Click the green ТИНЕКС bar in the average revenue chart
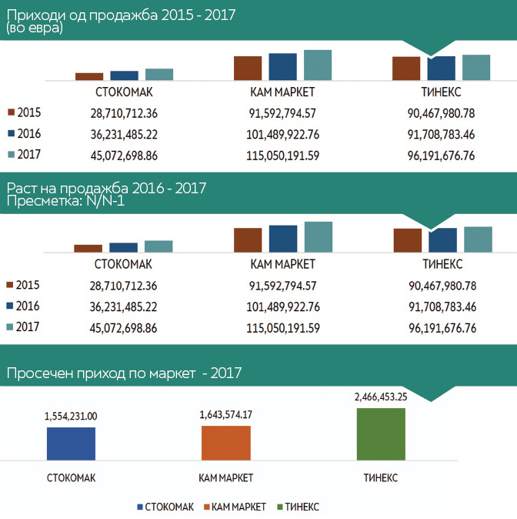(x=381, y=434)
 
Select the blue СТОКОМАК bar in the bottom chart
(x=71, y=444)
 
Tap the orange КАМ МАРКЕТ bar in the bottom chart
(x=226, y=443)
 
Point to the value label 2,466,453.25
(x=380, y=397)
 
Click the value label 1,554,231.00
(x=71, y=416)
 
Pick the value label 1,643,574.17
(x=226, y=414)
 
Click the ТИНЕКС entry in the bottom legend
(x=299, y=507)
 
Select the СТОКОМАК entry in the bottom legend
(x=165, y=507)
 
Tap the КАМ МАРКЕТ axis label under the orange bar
(x=226, y=477)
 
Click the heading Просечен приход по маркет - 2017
(x=125, y=374)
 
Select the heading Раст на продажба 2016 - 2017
(x=106, y=188)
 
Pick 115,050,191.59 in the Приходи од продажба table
(x=284, y=156)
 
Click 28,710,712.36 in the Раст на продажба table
(x=123, y=285)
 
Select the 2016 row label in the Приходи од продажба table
(x=28, y=133)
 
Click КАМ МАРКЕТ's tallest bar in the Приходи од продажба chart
(x=317, y=65)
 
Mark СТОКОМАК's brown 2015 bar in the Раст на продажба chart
(x=88, y=248)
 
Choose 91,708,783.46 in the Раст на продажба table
(x=441, y=306)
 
